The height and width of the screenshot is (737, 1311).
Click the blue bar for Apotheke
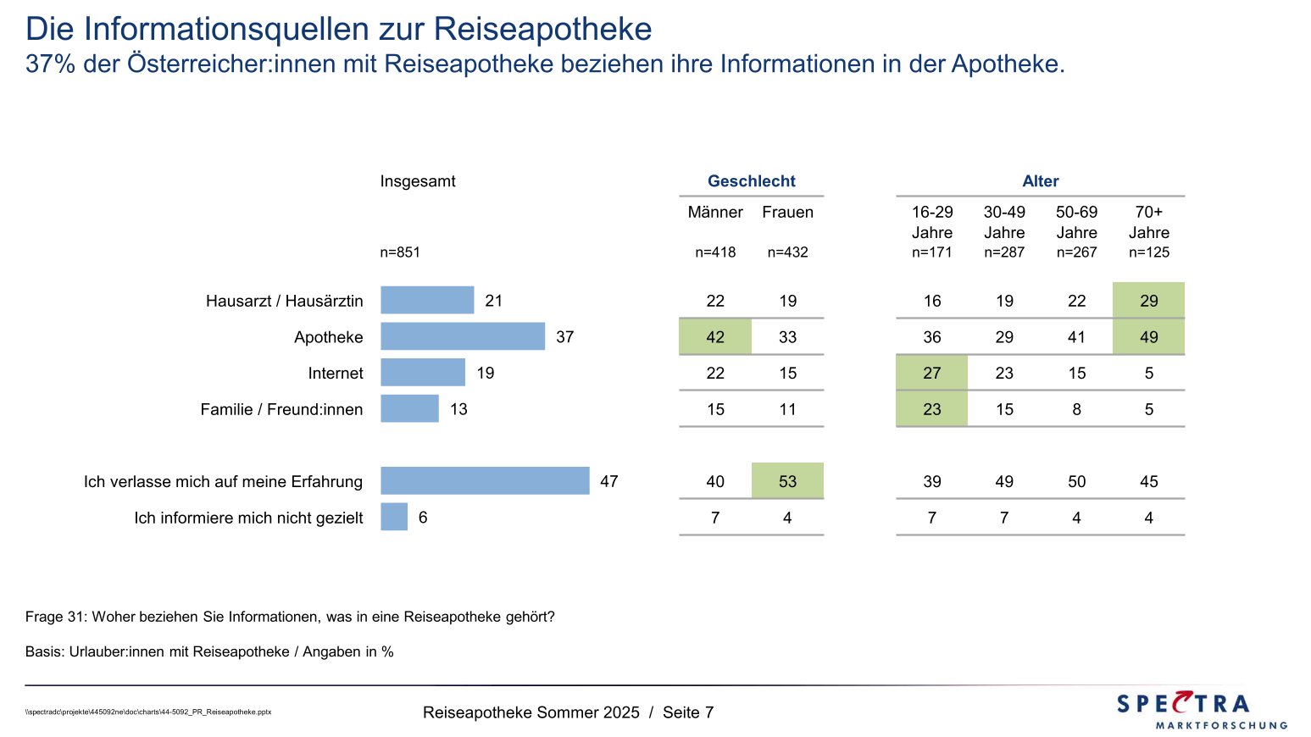[463, 336]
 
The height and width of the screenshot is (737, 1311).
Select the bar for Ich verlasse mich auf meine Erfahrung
[485, 480]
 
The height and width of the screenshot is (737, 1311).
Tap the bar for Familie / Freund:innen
[409, 408]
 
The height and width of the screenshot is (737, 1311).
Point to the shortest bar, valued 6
[394, 517]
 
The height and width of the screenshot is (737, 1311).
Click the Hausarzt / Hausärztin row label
[284, 301]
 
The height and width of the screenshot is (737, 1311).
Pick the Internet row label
[336, 373]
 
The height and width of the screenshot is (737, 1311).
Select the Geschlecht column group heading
[751, 181]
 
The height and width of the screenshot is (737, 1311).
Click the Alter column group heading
[1040, 181]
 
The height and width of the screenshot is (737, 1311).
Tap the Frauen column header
[787, 213]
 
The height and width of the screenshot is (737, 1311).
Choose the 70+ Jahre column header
[1148, 222]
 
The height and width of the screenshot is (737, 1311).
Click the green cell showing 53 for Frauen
[787, 480]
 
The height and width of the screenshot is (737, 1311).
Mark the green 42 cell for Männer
[715, 336]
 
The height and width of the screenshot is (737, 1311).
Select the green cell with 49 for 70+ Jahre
[1148, 336]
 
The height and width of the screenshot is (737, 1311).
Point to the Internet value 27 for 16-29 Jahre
[931, 373]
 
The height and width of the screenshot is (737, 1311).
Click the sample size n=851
[400, 252]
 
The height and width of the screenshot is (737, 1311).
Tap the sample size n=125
[1148, 252]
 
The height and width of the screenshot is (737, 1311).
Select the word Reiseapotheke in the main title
[542, 29]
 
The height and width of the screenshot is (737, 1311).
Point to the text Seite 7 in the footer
[688, 712]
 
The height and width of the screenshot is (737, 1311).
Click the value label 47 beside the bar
[608, 481]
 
